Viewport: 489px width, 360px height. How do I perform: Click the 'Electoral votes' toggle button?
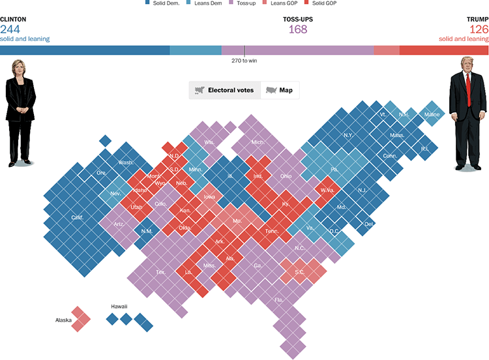pos(224,90)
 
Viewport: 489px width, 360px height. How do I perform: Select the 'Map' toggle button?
pos(280,90)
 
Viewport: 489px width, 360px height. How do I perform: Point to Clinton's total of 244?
pos(11,29)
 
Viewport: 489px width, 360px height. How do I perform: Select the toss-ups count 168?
pos(297,29)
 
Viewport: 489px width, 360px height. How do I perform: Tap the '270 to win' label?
pos(245,61)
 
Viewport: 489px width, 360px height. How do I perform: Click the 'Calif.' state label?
pos(77,217)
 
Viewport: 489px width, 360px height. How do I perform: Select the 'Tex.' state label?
pos(161,271)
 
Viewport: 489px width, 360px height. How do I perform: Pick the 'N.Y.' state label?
pos(349,135)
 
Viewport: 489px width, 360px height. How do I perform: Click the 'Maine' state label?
pos(432,114)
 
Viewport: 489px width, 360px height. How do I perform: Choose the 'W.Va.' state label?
pos(327,190)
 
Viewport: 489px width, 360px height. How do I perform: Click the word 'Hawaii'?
pos(119,306)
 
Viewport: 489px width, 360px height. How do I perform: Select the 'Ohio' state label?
pos(286,176)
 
